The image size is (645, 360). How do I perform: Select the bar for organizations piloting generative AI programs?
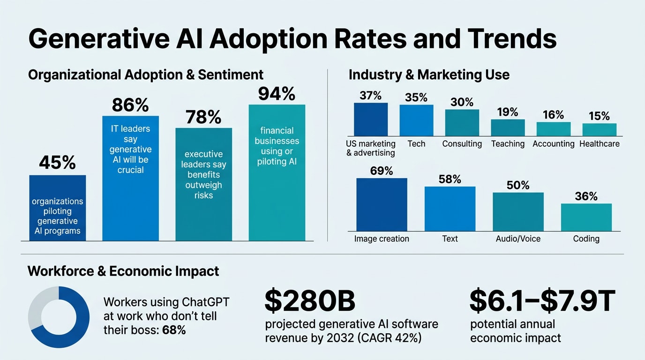[57, 208]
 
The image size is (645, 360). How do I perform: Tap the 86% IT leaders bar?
[130, 178]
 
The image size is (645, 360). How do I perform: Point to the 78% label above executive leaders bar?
[203, 117]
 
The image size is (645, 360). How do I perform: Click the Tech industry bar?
[416, 120]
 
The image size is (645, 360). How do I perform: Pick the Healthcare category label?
[600, 144]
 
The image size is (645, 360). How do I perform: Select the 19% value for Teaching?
[508, 112]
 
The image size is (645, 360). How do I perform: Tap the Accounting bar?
[554, 129]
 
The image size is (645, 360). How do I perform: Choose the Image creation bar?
[382, 204]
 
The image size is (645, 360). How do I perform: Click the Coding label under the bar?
[586, 239]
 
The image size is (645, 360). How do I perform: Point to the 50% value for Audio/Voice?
[518, 185]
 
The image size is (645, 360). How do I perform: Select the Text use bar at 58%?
[450, 209]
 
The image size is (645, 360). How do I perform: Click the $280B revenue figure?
[310, 301]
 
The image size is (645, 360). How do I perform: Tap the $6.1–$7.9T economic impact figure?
[542, 301]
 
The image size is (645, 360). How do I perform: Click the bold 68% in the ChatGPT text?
[174, 330]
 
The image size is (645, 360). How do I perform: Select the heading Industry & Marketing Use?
[429, 75]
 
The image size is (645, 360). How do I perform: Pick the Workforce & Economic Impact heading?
[123, 271]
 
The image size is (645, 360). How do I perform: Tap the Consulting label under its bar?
[462, 144]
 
